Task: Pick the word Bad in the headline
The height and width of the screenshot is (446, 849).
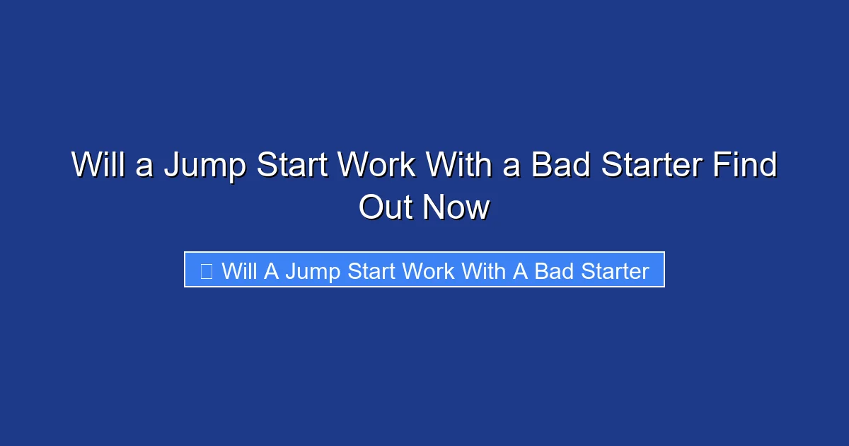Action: pos(560,166)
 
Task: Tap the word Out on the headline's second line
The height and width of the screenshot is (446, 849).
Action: pos(386,207)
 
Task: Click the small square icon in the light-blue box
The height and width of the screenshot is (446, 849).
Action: pos(206,270)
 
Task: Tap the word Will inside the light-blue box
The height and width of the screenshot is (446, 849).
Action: pos(238,270)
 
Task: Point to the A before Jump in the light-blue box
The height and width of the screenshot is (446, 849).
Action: pos(271,270)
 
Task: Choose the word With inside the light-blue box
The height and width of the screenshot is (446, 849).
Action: pos(485,270)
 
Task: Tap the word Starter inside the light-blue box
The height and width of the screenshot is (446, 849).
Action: pos(615,270)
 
